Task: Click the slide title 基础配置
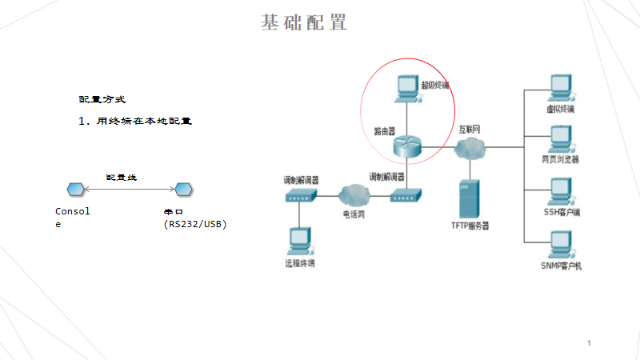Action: (x=304, y=22)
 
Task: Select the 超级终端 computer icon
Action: (x=406, y=87)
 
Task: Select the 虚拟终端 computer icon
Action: (x=559, y=87)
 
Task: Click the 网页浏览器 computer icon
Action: (x=559, y=138)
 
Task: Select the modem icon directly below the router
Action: (x=406, y=194)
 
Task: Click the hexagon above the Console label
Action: (x=74, y=189)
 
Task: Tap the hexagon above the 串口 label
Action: (x=183, y=189)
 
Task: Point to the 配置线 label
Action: (x=122, y=177)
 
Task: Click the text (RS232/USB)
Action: (x=195, y=224)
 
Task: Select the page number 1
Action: (x=589, y=343)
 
